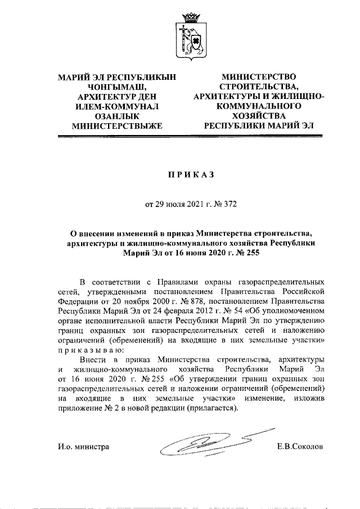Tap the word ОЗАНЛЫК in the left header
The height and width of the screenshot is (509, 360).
(117, 115)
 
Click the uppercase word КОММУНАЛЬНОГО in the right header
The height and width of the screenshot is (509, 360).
(260, 105)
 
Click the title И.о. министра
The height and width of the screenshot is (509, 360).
(83, 448)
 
